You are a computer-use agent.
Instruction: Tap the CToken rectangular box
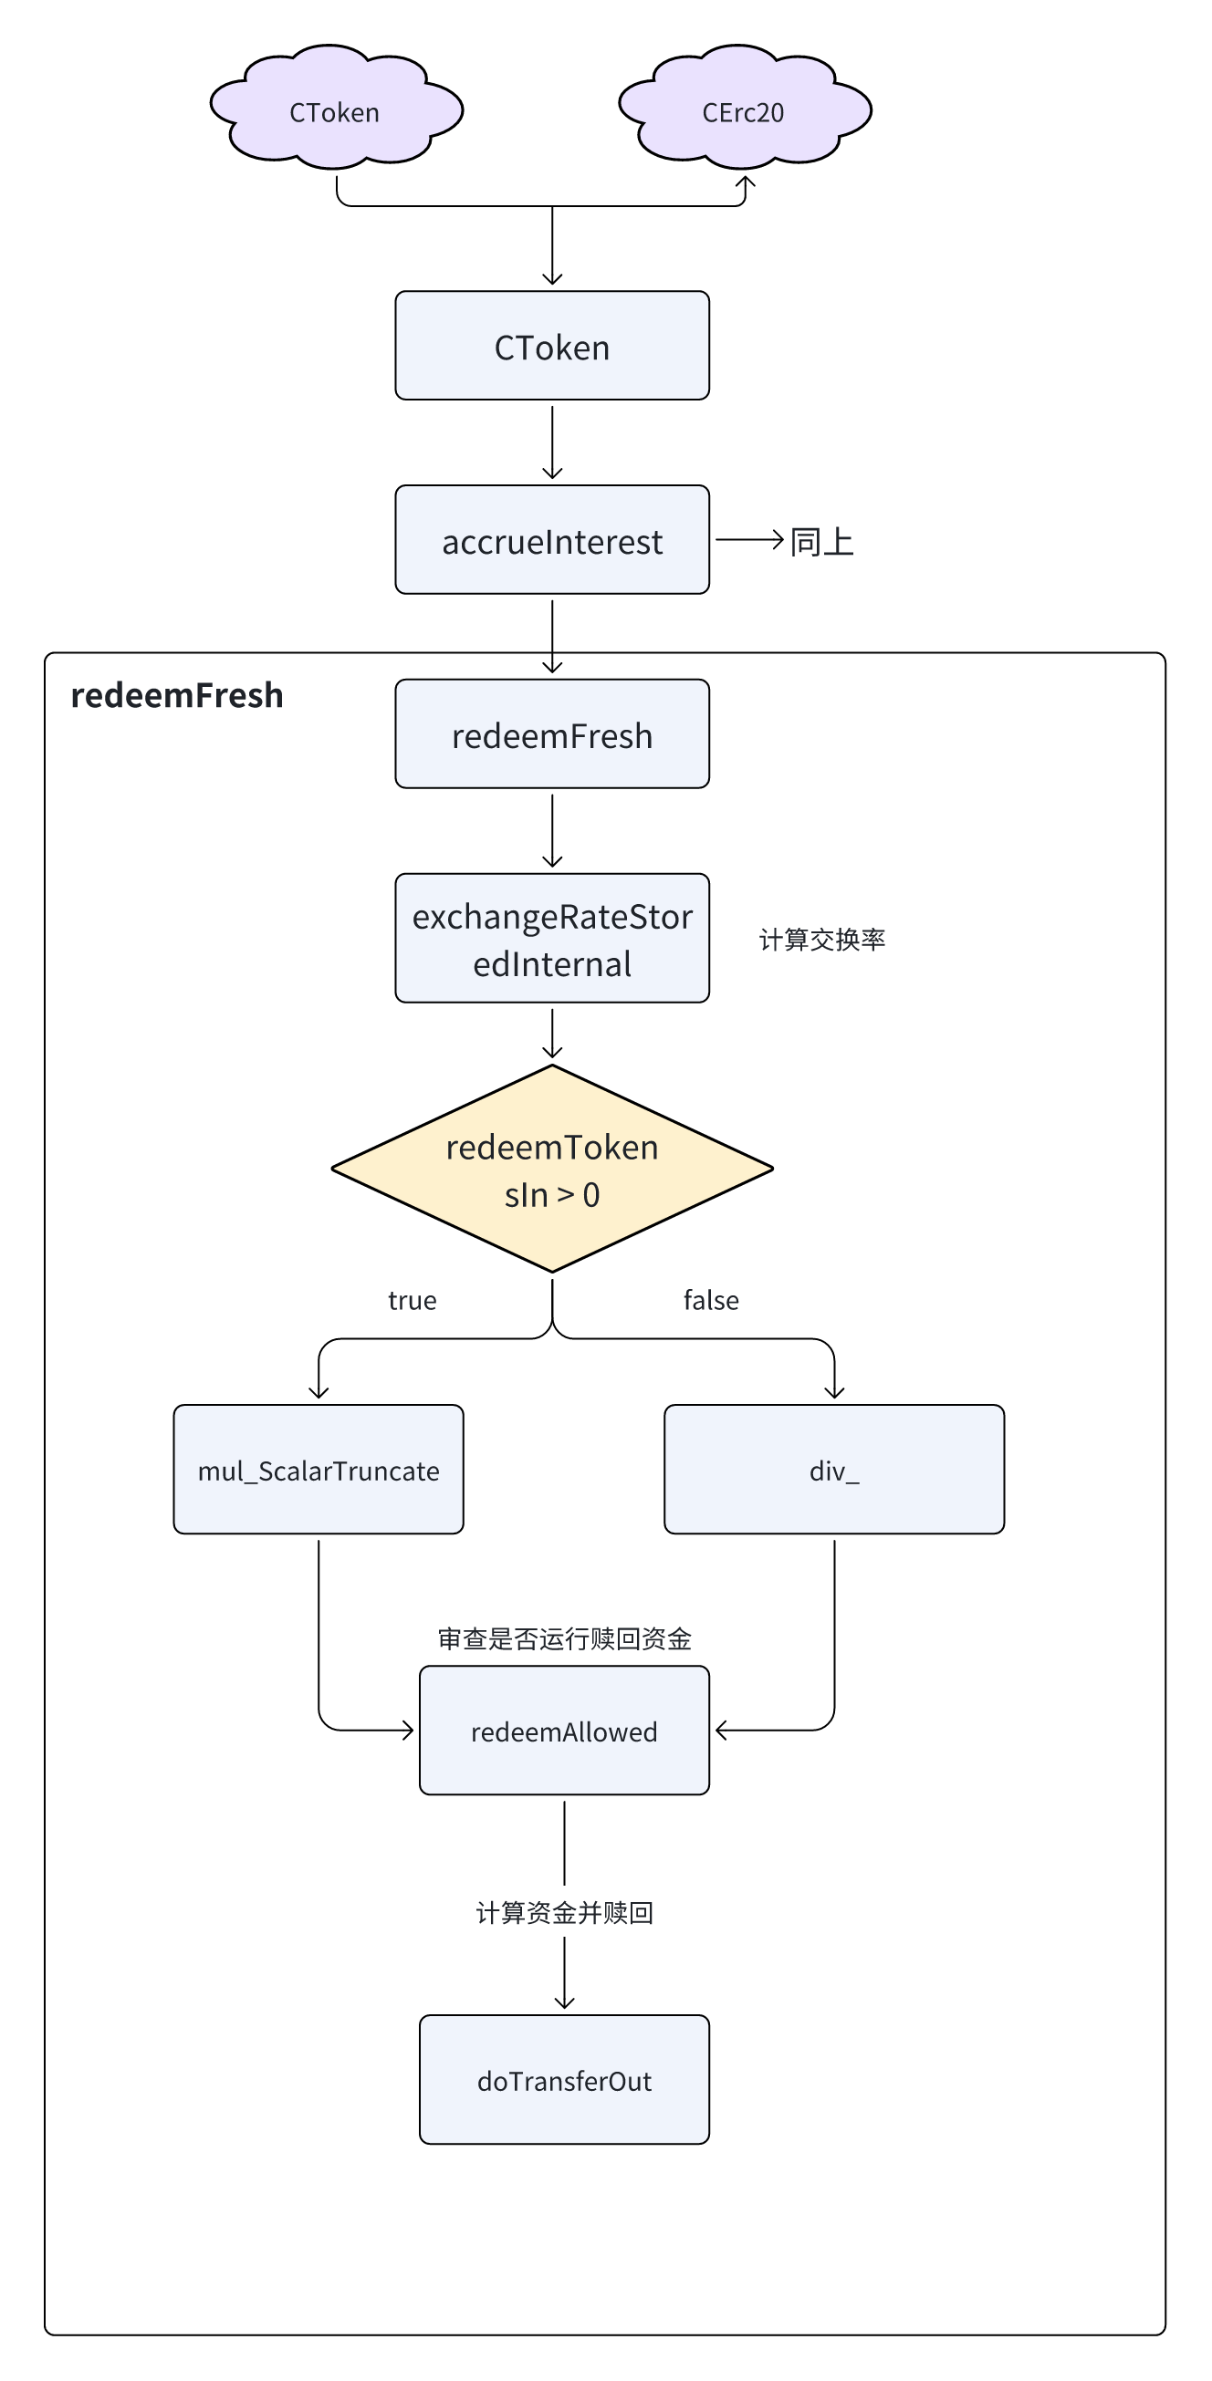coord(552,346)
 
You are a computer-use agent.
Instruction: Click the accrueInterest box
coord(552,540)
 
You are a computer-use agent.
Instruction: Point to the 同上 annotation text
coord(822,542)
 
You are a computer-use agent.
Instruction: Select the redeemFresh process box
coord(552,733)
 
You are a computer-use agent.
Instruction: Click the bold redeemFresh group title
coord(176,695)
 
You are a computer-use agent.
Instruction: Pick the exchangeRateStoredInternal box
coord(552,938)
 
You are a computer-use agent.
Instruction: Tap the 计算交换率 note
coord(822,940)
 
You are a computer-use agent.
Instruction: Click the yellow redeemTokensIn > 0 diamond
coord(552,1170)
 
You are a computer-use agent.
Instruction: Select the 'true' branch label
coord(413,1301)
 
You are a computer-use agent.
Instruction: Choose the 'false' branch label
coord(711,1301)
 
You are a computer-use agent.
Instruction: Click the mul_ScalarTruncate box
coord(318,1470)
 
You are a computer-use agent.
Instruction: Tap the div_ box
coord(834,1470)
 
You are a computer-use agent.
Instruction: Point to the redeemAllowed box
coord(564,1731)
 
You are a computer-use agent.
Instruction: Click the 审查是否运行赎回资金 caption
coord(564,1638)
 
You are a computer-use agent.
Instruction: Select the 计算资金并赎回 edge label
coord(564,1912)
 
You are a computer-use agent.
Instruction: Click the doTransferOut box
coord(564,2080)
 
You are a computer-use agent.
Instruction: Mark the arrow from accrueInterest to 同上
coord(750,540)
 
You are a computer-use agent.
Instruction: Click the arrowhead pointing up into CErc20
coord(744,182)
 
